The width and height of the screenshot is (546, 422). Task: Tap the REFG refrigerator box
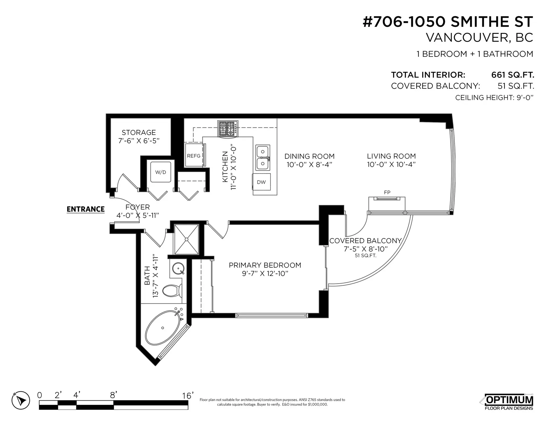coord(194,156)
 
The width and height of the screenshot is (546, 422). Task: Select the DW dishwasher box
coord(261,182)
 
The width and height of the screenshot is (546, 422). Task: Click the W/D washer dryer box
coord(161,172)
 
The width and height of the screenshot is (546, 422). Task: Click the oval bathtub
coord(163,328)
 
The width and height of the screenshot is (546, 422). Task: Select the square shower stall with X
coord(187,239)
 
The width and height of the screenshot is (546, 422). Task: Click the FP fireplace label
coord(387,193)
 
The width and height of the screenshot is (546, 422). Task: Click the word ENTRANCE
coord(86,209)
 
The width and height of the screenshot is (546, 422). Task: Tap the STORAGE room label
coord(139,133)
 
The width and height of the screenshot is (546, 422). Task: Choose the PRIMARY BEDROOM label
coord(265,265)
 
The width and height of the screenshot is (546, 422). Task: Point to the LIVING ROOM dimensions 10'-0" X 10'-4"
coord(391,164)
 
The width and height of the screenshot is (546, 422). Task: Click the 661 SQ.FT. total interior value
coord(512,75)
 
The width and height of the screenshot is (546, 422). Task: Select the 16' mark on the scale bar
coord(188,396)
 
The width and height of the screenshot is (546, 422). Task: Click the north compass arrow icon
coord(21,400)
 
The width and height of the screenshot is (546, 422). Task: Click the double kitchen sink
coord(262,158)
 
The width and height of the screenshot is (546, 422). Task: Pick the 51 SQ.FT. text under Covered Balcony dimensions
coord(365,256)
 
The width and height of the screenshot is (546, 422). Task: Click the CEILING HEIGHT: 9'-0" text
coord(494,98)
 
